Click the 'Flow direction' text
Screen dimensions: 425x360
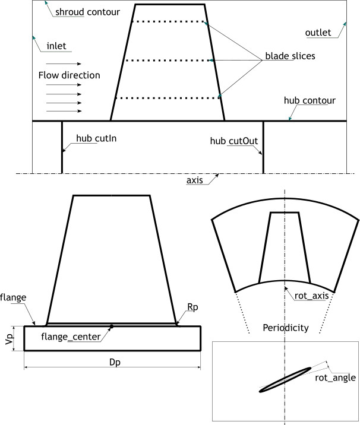click(x=69, y=75)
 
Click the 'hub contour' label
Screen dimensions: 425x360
click(x=310, y=101)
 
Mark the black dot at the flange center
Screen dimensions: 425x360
click(x=112, y=325)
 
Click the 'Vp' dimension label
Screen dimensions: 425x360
click(x=8, y=338)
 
